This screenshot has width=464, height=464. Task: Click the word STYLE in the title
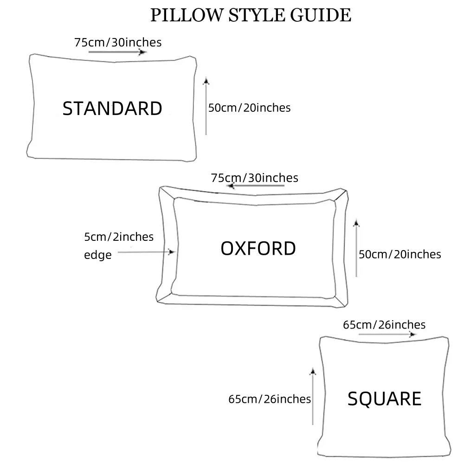tap(248, 15)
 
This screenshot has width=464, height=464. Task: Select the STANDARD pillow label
tap(112, 109)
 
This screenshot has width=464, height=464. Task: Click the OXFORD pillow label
tap(258, 249)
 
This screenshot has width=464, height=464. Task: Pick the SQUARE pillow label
tap(384, 399)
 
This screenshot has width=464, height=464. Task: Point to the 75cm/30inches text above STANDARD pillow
tap(118, 42)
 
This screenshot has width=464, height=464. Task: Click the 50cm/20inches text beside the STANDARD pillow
tap(249, 108)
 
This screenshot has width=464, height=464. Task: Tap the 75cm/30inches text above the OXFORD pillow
tap(254, 178)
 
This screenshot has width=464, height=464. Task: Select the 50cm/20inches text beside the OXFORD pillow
tap(400, 254)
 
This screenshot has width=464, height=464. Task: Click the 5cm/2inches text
tap(119, 237)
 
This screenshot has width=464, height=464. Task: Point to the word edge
tap(98, 255)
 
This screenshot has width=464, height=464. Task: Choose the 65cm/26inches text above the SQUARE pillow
tap(384, 325)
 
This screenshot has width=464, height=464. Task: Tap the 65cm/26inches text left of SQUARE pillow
tap(270, 399)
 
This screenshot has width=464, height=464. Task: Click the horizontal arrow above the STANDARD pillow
tap(117, 52)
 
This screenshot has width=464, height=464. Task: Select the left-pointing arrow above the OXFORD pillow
tap(255, 186)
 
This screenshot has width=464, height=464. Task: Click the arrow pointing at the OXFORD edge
tap(146, 252)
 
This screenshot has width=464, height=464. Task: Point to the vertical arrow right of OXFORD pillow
tap(356, 248)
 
